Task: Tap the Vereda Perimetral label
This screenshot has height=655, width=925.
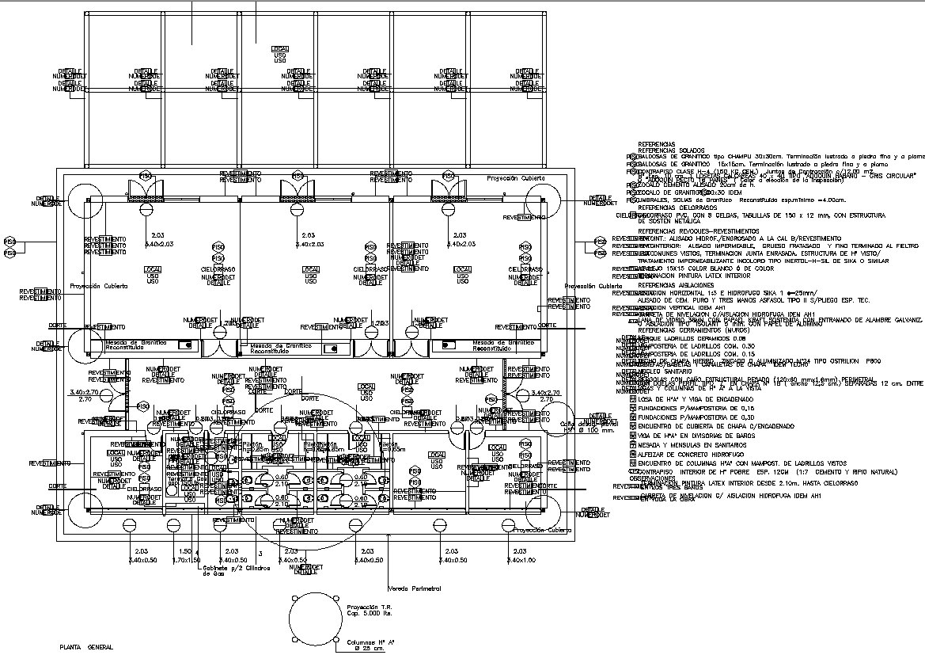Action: coord(413,588)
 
